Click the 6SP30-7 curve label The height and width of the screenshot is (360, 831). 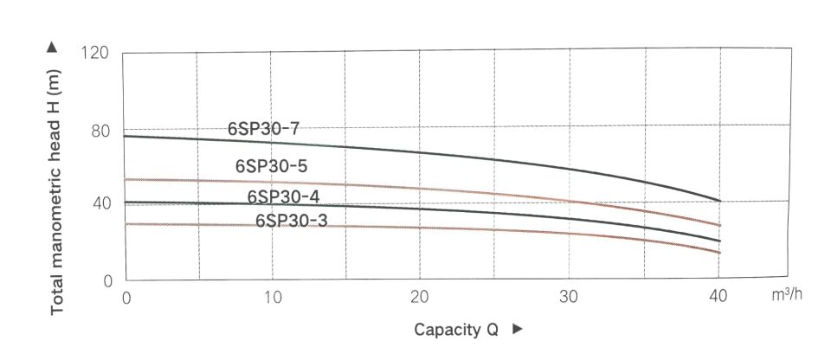coord(263,128)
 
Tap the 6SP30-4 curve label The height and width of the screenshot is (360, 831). coord(284,197)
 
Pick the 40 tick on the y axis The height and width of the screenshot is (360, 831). coord(100,204)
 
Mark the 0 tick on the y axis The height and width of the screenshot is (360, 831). coord(108,281)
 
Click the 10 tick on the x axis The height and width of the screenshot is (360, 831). coord(272,297)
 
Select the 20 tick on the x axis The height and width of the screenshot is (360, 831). coord(420,297)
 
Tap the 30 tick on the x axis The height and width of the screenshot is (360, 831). coord(569,297)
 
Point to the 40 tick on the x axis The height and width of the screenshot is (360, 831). coord(718,297)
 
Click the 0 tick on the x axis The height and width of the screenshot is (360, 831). coord(126,297)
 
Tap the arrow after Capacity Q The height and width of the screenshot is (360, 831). coord(518,330)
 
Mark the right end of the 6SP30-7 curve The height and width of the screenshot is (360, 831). coord(719,201)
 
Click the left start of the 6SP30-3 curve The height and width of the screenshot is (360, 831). coord(127,224)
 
